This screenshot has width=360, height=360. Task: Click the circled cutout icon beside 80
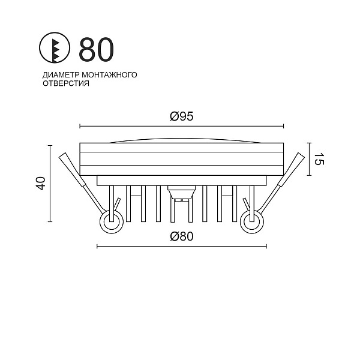[x=54, y=48]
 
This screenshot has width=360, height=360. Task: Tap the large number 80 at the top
[x=96, y=50]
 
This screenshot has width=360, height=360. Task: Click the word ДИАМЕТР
[x=61, y=75]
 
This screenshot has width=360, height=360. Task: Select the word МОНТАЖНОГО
[x=109, y=75]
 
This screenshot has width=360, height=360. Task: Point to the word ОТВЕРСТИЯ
[x=66, y=83]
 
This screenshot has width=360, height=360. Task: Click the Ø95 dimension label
[x=182, y=116]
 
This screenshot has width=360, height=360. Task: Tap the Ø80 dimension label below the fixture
[x=182, y=236]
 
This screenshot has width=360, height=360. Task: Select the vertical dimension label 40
[x=41, y=183]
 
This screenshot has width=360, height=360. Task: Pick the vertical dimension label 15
[x=319, y=159]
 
